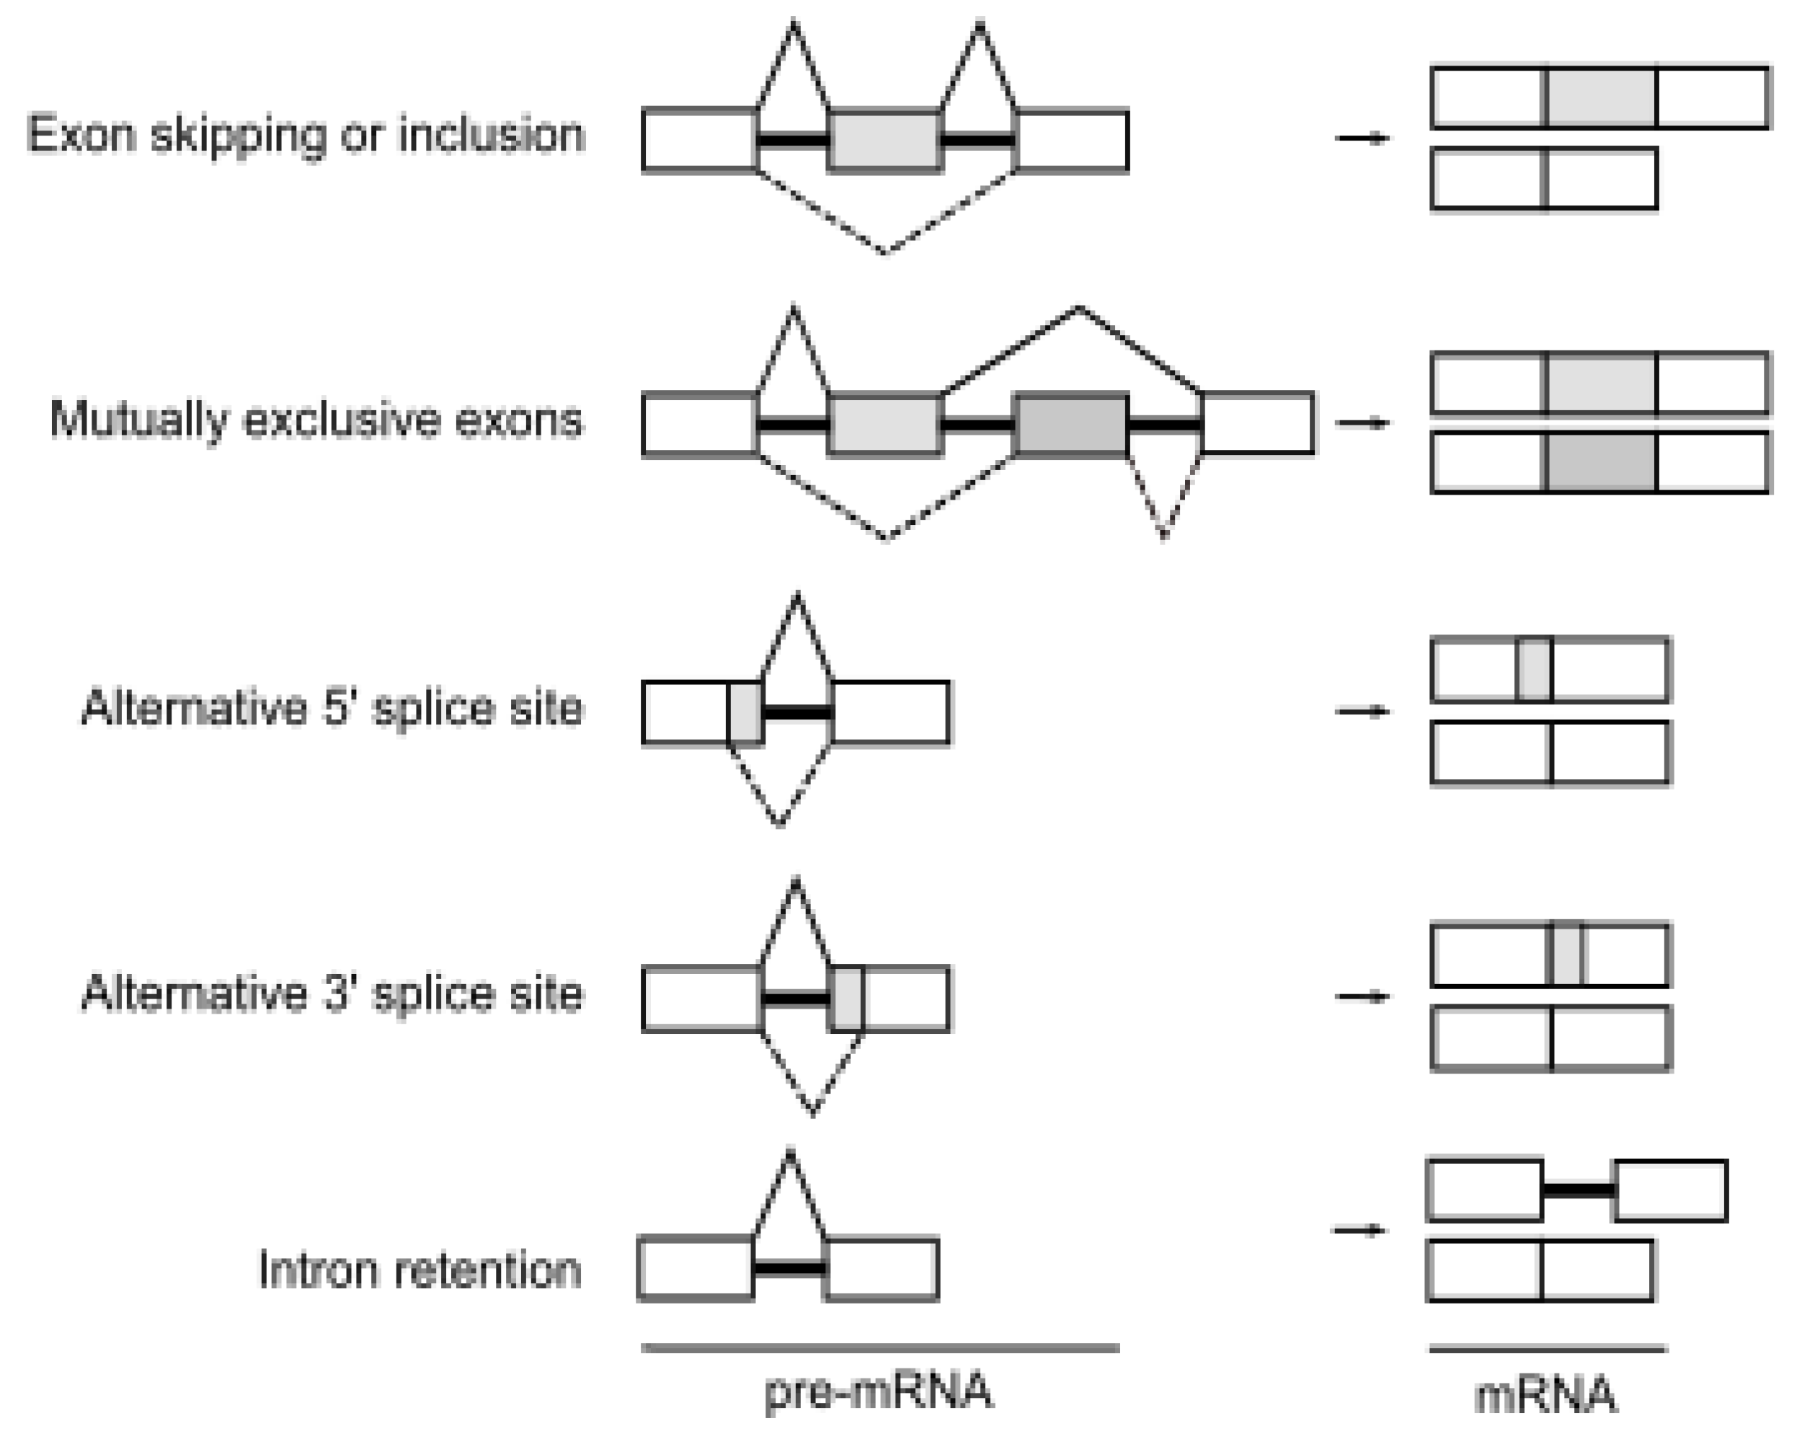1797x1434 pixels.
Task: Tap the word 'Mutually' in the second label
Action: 138,420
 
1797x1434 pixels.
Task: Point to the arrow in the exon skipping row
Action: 1362,138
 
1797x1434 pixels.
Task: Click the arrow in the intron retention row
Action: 1359,1230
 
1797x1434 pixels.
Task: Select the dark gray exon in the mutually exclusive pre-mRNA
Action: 1071,425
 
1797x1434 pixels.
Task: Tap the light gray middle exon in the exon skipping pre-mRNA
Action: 885,140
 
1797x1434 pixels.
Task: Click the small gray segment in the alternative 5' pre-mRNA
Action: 745,713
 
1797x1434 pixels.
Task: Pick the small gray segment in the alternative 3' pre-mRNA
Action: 847,998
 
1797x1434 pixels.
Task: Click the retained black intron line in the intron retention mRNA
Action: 1579,1190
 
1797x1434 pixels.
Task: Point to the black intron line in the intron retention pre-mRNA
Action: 789,1269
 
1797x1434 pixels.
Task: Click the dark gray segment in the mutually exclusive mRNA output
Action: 1602,462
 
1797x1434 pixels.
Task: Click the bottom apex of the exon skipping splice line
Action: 885,250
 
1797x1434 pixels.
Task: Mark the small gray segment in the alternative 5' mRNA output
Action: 1534,670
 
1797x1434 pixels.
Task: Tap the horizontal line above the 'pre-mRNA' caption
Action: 879,1347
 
